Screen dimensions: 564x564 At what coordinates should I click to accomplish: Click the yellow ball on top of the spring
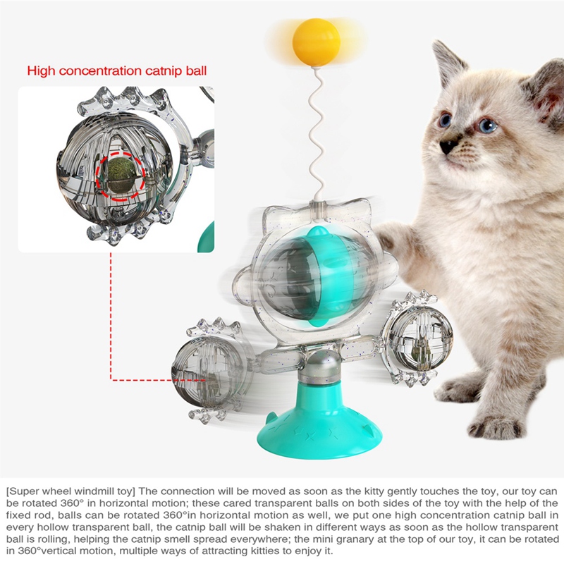pos(316,42)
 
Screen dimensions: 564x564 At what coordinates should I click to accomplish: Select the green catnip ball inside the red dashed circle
pos(121,173)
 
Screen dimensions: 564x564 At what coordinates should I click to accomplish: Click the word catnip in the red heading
pos(164,70)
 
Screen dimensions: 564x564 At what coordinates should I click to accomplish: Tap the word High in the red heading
pos(42,70)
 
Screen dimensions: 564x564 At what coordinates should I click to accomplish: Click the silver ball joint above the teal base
pos(319,367)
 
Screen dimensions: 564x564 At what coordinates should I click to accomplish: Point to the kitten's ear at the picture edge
pos(544,90)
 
